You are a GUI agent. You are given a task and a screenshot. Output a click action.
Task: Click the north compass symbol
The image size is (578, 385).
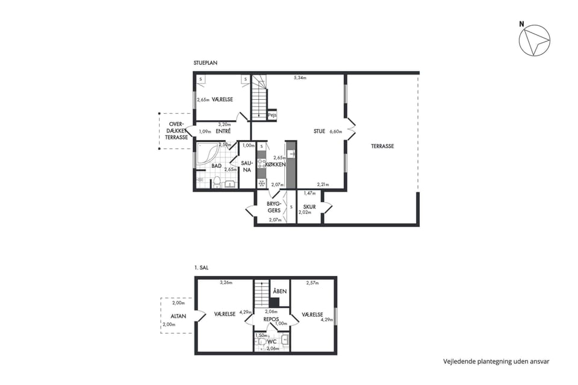click(x=534, y=40)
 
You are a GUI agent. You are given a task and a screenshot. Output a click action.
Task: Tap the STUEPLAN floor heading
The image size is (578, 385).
click(x=205, y=63)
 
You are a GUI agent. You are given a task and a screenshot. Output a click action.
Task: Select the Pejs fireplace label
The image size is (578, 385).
click(x=272, y=115)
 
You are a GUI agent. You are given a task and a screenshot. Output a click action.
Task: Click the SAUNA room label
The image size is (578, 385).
click(x=247, y=166)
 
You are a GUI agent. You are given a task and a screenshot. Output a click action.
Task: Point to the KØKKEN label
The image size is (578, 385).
click(x=275, y=165)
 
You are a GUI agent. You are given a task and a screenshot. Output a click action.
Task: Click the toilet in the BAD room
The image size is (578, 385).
click(x=217, y=182)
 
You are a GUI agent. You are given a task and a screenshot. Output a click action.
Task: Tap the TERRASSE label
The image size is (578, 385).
click(x=382, y=146)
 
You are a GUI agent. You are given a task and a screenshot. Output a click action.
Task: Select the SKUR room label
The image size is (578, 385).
click(x=309, y=207)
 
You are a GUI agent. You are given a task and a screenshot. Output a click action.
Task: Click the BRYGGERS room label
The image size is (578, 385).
click(x=274, y=207)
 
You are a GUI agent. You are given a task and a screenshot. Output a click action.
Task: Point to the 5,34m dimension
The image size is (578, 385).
click(x=300, y=78)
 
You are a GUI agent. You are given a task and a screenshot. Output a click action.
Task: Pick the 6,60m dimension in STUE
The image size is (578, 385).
click(x=336, y=131)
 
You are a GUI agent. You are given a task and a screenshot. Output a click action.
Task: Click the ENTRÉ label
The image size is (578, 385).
click(x=223, y=131)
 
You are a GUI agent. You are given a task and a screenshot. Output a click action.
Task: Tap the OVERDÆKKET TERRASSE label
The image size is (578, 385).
click(x=176, y=131)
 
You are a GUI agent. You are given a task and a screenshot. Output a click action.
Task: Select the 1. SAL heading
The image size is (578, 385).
click(x=201, y=268)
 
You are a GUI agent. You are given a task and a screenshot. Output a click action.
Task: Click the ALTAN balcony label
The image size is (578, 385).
click(x=178, y=316)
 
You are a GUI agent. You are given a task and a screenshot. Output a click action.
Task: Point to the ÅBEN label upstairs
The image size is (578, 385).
click(x=280, y=291)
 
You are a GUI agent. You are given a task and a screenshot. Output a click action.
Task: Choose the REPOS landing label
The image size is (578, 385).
click(x=271, y=319)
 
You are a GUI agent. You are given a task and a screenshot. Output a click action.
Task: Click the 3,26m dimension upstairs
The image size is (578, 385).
click(x=226, y=283)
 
